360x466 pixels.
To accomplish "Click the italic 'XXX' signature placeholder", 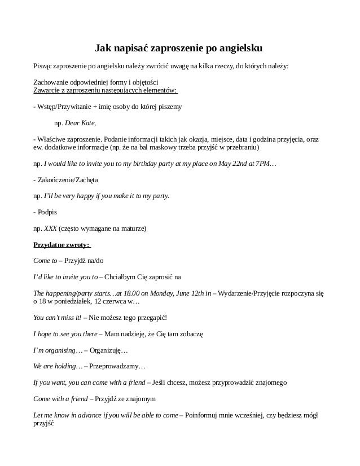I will pos(50,229).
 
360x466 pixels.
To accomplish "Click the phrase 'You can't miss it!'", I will pos(58,318).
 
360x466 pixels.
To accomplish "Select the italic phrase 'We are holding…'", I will pos(58,366).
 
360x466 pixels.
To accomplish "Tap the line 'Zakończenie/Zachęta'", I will pos(68,180).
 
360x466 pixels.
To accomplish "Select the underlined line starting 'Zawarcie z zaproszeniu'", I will pos(106,90).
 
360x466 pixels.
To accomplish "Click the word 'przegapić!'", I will pos(151,318).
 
